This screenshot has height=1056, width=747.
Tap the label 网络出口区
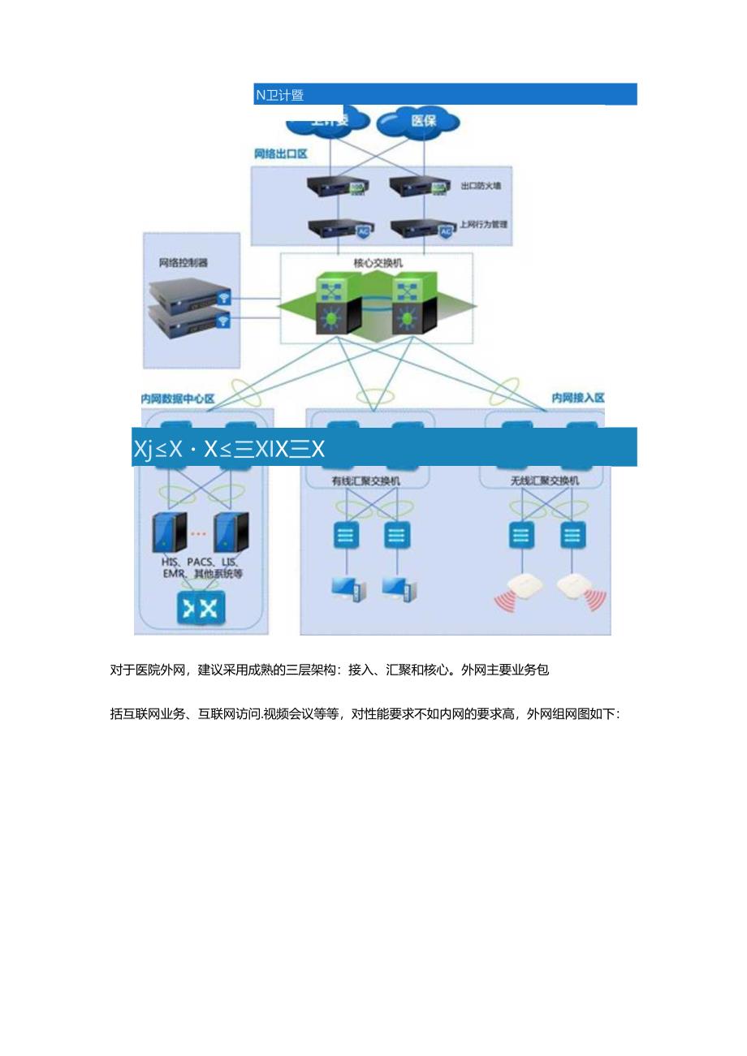click(x=280, y=153)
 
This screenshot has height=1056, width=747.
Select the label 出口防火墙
click(x=481, y=186)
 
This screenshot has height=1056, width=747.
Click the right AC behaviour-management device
click(x=421, y=227)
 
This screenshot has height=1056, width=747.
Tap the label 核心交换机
click(x=378, y=264)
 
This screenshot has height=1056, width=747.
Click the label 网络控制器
click(x=183, y=263)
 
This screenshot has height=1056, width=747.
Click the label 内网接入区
click(x=578, y=398)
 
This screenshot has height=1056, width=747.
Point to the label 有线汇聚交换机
click(x=365, y=481)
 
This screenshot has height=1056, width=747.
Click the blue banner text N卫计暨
click(x=279, y=95)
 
